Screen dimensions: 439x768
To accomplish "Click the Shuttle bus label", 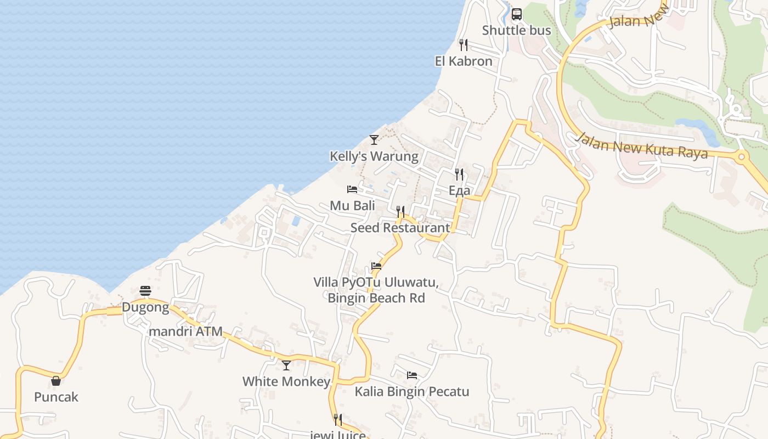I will pos(516,30).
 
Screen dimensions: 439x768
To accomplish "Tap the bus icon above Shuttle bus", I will pos(516,14).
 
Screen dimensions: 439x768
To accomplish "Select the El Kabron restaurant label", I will pos(464,61).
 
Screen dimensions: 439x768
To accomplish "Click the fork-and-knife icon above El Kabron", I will pos(464,45).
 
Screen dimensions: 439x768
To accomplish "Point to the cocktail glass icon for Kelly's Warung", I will pos(374,140).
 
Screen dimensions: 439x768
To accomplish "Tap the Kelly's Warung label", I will pos(374,156).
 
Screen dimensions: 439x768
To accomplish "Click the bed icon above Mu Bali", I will pos(352,189).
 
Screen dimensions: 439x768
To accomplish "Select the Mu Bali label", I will pos(352,206).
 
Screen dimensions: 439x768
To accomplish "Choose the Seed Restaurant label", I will pos(400,228).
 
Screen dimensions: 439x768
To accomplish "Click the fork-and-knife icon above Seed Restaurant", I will pos(400,212).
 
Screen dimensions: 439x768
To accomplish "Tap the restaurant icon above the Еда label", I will pos(459,175).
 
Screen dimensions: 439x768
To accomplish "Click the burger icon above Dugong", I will pos(145,290).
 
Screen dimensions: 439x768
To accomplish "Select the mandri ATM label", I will pos(186,331).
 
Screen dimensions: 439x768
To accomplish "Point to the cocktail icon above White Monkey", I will pos(286,365).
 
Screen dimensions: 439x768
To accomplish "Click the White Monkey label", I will pos(286,381).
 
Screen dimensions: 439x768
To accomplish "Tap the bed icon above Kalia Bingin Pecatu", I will pos(412,375).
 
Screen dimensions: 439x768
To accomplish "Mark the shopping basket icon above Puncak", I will pos(56,381).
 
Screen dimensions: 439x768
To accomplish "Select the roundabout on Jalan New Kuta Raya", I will pos(741,157).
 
